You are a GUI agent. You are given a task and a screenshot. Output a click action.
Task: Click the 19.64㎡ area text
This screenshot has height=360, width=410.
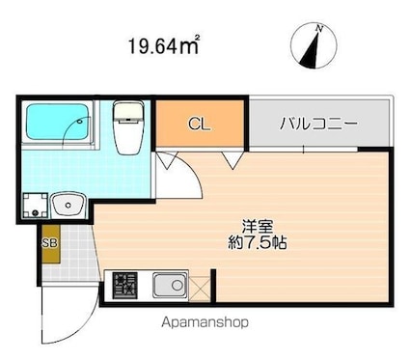click(165, 42)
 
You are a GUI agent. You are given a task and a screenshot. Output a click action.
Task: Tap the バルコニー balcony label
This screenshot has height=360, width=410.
click(318, 124)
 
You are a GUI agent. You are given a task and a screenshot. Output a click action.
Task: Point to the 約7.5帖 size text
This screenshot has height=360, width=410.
click(258, 242)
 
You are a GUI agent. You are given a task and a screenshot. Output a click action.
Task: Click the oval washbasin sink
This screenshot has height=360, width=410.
click(67, 205)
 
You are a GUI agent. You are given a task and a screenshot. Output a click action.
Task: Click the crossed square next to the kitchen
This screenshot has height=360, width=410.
click(200, 288)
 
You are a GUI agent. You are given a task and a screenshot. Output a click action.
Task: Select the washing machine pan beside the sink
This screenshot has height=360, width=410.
click(37, 206)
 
